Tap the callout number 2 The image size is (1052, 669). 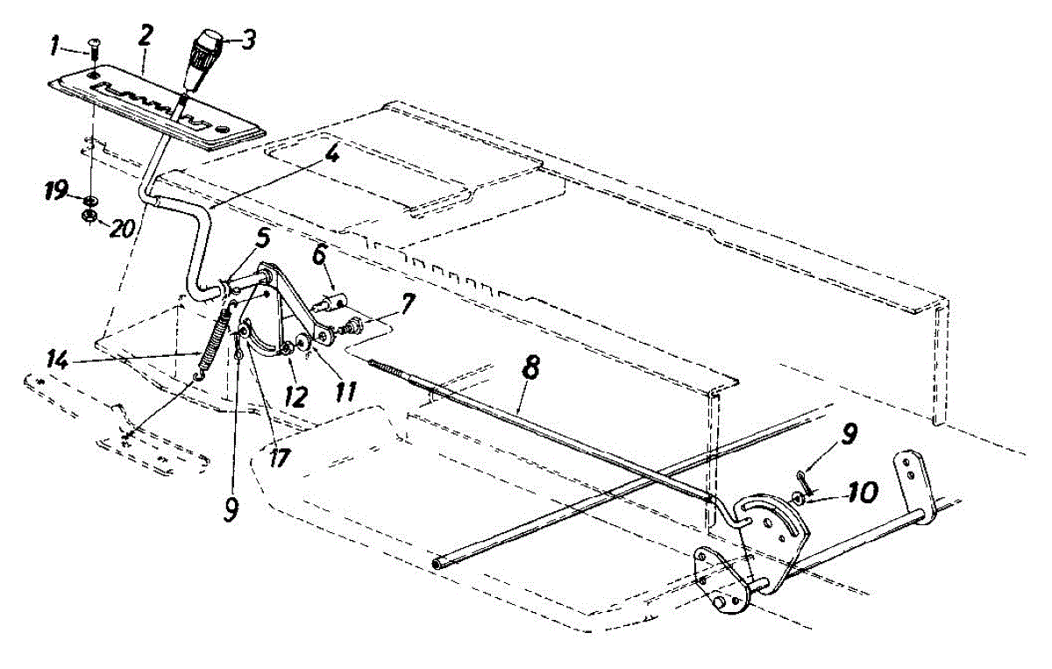(146, 36)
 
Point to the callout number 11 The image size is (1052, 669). (345, 389)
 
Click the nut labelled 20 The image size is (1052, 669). (89, 217)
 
